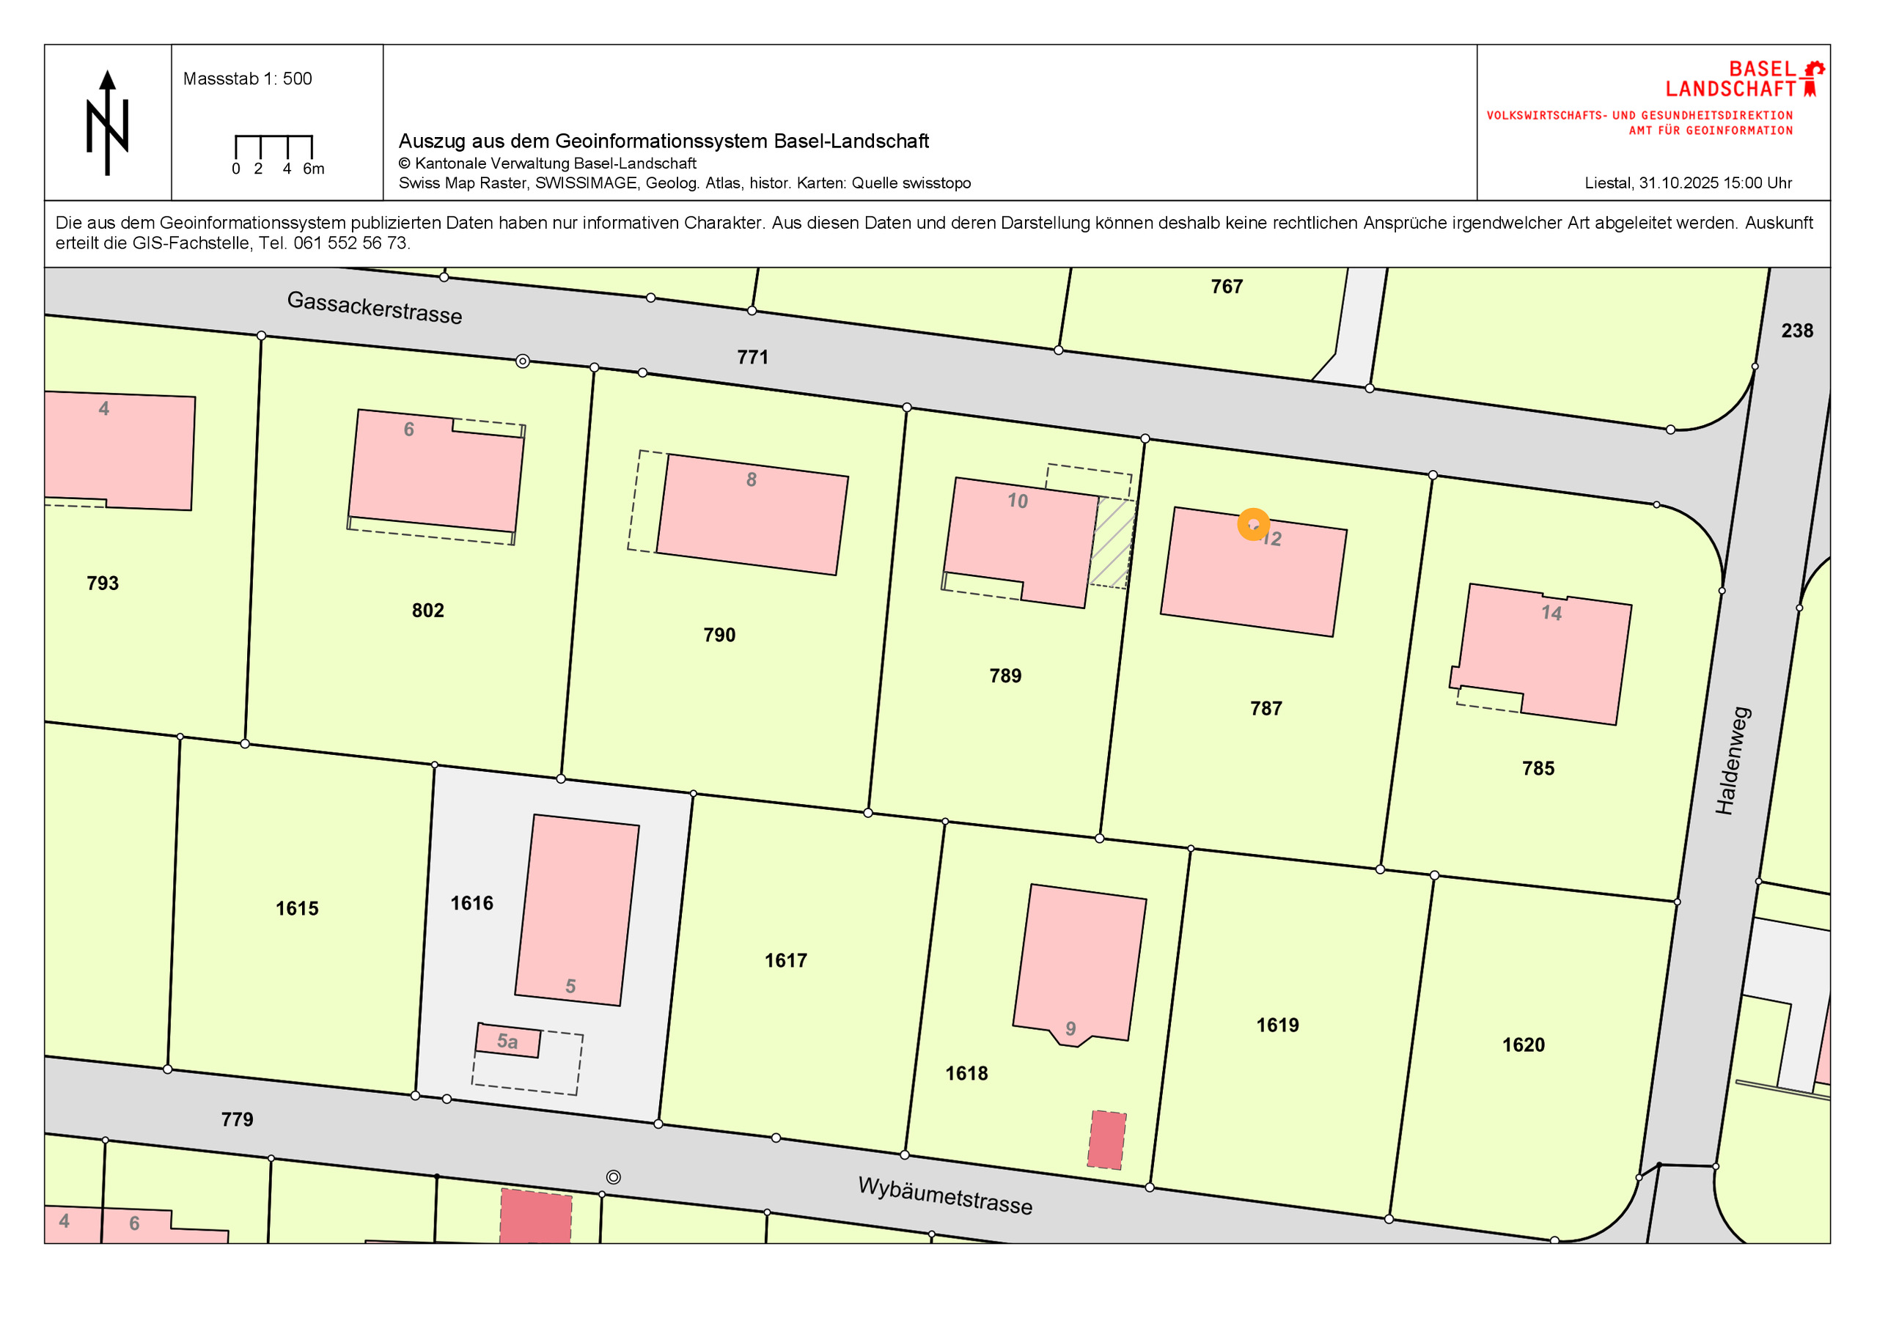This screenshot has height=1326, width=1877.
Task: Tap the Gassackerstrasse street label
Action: (x=375, y=307)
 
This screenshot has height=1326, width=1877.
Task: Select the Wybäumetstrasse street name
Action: (x=944, y=1196)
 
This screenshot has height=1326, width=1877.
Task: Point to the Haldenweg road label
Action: (x=1733, y=761)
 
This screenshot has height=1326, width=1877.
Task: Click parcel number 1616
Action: (x=471, y=903)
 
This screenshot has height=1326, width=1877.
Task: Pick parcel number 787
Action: (x=1266, y=709)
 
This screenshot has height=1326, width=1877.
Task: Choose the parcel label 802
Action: (x=427, y=611)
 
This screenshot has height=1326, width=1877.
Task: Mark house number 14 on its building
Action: (x=1551, y=613)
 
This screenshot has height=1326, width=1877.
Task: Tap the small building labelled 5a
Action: (x=507, y=1042)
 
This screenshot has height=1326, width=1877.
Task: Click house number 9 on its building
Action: (x=1070, y=1028)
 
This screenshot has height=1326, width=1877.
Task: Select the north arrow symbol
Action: (x=107, y=122)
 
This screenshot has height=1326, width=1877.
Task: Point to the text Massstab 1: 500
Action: (x=247, y=79)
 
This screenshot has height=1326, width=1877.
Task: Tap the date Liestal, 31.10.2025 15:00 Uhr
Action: (x=1687, y=183)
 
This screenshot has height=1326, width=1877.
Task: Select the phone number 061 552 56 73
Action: (x=350, y=243)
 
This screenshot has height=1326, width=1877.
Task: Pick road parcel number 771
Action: (x=752, y=357)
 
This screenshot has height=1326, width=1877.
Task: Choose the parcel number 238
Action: (x=1797, y=331)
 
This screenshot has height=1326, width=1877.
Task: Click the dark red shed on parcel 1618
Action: (x=1106, y=1140)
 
